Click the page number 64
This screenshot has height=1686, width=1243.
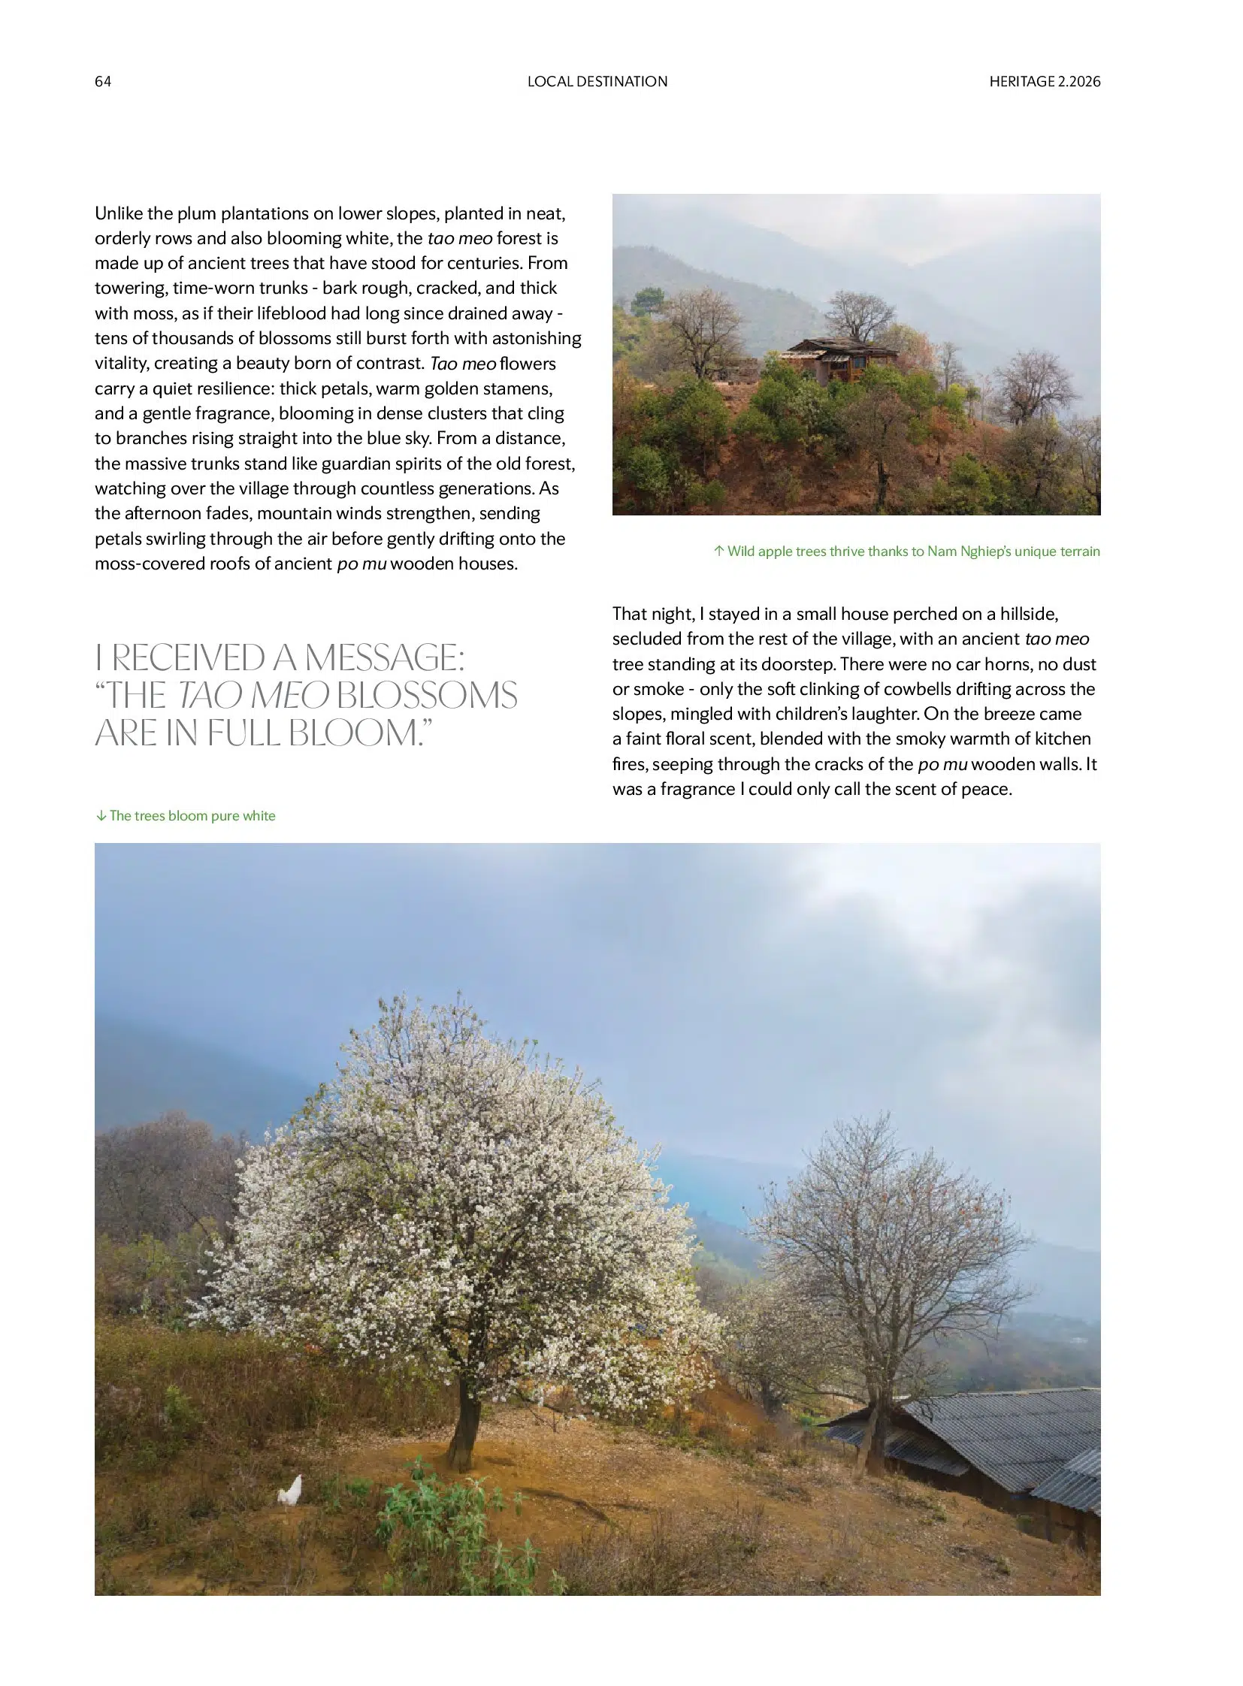[x=102, y=81]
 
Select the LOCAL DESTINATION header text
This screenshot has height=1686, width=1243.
[x=597, y=81]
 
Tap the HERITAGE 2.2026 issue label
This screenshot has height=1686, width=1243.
[x=1045, y=81]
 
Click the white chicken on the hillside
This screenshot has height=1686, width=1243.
[x=290, y=1490]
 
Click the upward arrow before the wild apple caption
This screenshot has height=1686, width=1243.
[x=718, y=551]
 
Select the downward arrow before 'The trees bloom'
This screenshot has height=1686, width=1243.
[x=101, y=816]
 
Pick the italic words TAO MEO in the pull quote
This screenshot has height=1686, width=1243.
[x=253, y=696]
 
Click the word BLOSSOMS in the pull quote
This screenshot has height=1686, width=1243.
[x=427, y=696]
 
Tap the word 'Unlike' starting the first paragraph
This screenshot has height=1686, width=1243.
[x=119, y=213]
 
